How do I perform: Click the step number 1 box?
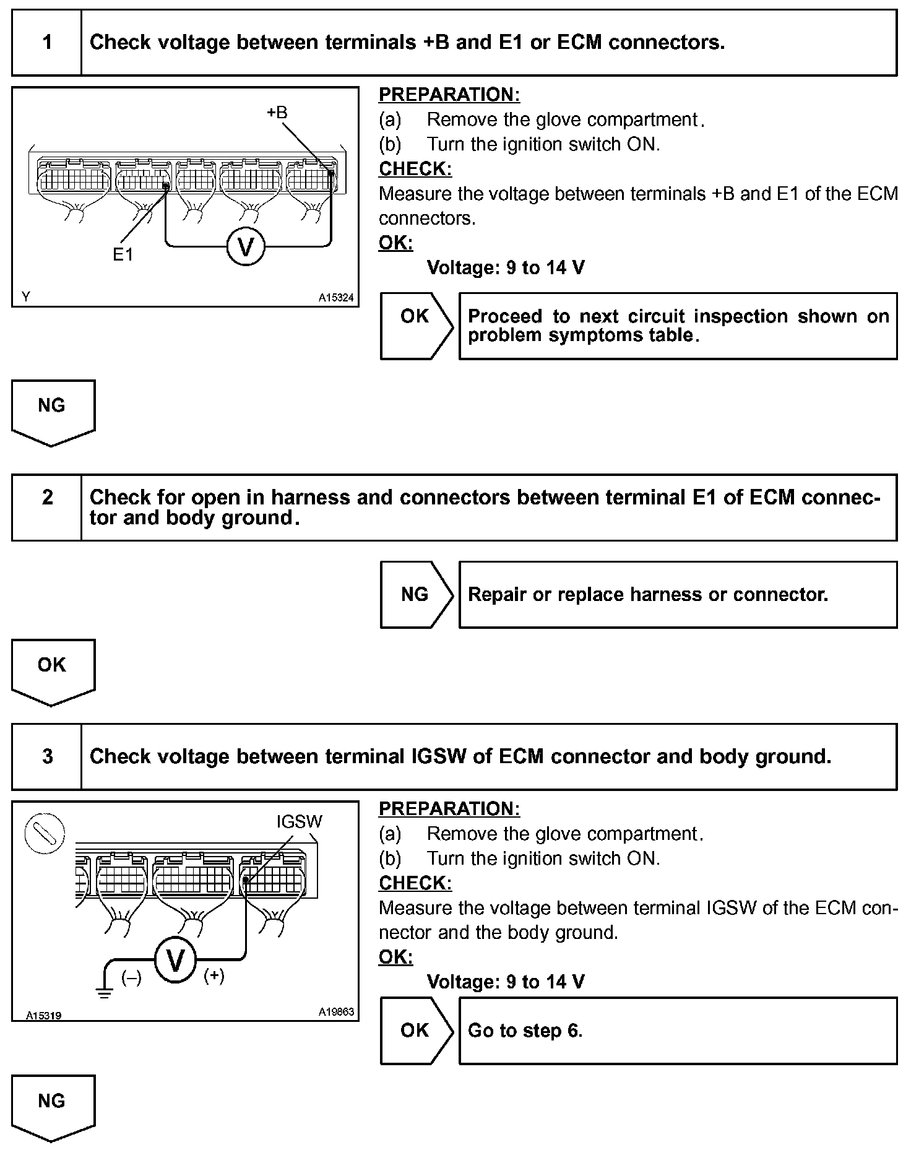click(47, 43)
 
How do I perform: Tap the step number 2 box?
click(47, 508)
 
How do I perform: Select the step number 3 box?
click(47, 756)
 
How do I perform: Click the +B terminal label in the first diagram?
click(277, 113)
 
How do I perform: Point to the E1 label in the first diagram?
click(123, 254)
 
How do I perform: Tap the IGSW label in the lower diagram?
click(299, 822)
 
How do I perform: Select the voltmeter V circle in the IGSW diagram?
click(175, 961)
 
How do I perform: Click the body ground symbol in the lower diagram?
click(104, 994)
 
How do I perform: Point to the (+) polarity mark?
click(214, 976)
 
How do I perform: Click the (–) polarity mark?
click(131, 978)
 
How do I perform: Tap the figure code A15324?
click(336, 298)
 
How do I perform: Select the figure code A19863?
click(336, 1012)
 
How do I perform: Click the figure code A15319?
click(43, 1016)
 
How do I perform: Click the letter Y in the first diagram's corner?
click(25, 297)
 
